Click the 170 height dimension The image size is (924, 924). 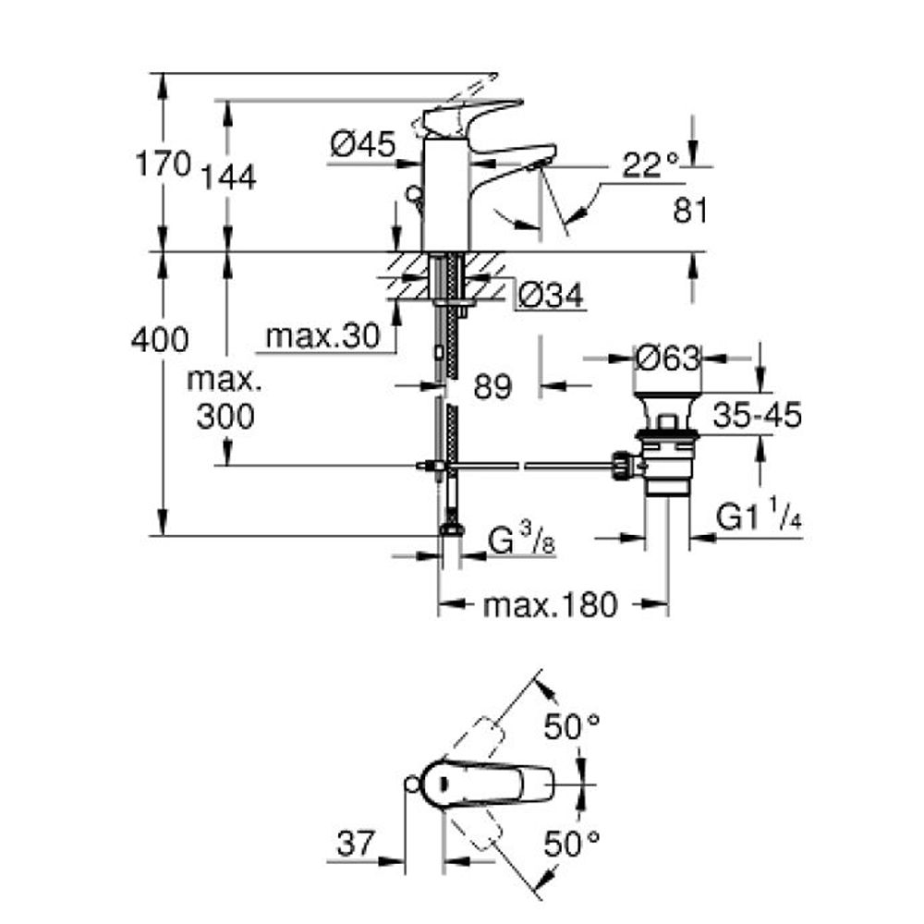click(164, 164)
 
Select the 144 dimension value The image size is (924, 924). click(229, 176)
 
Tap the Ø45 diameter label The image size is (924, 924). click(363, 144)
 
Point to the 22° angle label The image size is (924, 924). click(650, 165)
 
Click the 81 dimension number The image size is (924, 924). click(690, 210)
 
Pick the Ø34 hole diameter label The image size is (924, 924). click(551, 295)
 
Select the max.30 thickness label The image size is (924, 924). click(322, 336)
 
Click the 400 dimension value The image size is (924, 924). click(160, 340)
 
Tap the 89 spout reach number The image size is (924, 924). click(492, 387)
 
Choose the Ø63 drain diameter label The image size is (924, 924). click(669, 358)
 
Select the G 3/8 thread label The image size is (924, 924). click(522, 542)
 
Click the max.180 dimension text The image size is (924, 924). click(551, 605)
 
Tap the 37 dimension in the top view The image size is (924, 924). click(356, 844)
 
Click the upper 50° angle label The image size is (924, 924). click(571, 726)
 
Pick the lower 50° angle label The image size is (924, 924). click(571, 844)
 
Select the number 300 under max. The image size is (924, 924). click(225, 416)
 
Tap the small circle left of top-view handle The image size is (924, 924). click(412, 784)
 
